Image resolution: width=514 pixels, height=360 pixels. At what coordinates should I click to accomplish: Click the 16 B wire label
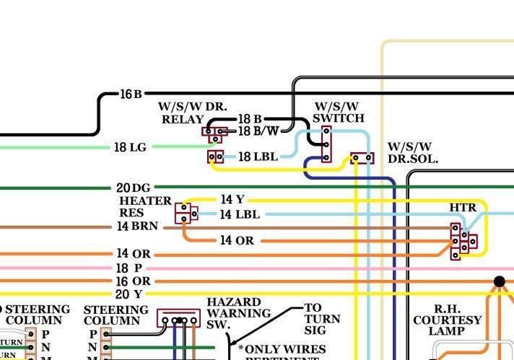click(x=131, y=94)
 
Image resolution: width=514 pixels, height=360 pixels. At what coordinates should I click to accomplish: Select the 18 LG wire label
click(x=130, y=147)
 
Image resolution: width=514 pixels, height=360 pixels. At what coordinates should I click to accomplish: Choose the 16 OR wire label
click(x=133, y=281)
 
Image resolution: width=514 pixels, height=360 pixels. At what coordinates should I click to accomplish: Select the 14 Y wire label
click(x=232, y=199)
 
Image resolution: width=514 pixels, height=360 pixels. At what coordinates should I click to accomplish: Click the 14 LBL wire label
click(x=240, y=214)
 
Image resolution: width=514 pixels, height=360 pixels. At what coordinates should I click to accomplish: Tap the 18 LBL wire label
click(x=258, y=157)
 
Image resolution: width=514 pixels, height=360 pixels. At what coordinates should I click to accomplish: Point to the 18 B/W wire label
click(x=258, y=131)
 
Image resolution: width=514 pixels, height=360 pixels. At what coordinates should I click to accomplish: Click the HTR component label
click(x=463, y=208)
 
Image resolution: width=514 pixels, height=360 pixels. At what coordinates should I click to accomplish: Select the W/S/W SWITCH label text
click(x=339, y=112)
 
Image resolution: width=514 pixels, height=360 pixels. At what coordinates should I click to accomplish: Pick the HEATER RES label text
click(x=145, y=206)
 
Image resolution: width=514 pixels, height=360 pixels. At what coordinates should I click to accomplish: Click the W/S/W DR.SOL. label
click(x=412, y=153)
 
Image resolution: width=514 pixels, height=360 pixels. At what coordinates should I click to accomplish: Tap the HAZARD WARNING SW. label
click(x=238, y=313)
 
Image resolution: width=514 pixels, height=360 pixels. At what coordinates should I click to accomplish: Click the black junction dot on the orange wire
click(x=499, y=281)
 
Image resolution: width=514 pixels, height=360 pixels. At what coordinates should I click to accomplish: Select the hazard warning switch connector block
click(x=178, y=319)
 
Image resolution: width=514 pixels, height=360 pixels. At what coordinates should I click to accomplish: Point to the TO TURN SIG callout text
click(x=322, y=319)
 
